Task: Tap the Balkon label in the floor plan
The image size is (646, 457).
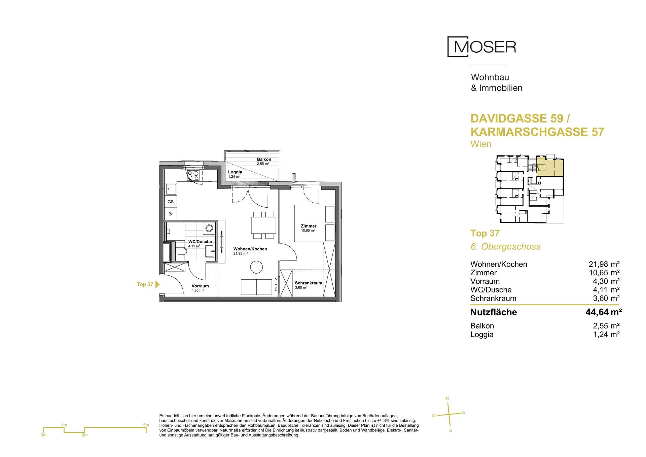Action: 264,159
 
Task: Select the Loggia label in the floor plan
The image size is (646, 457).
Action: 235,172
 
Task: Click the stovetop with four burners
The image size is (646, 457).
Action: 193,175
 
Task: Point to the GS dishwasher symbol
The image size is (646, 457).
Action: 171,202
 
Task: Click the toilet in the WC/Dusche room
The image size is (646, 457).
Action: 181,251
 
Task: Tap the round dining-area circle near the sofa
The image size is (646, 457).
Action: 257,267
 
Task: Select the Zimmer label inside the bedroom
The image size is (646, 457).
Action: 309,226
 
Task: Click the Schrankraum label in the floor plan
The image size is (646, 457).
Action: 309,283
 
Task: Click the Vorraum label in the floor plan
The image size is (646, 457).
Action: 200,286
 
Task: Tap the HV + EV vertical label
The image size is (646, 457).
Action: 276,285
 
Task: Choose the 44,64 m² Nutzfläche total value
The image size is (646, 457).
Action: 604,312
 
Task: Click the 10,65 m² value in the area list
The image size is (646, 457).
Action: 604,273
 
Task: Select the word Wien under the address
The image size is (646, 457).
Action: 481,144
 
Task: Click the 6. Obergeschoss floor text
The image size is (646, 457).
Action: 505,247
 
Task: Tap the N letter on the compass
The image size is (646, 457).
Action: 447,398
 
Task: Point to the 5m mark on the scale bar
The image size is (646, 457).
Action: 146,425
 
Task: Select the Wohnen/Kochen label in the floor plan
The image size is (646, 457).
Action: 250,249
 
